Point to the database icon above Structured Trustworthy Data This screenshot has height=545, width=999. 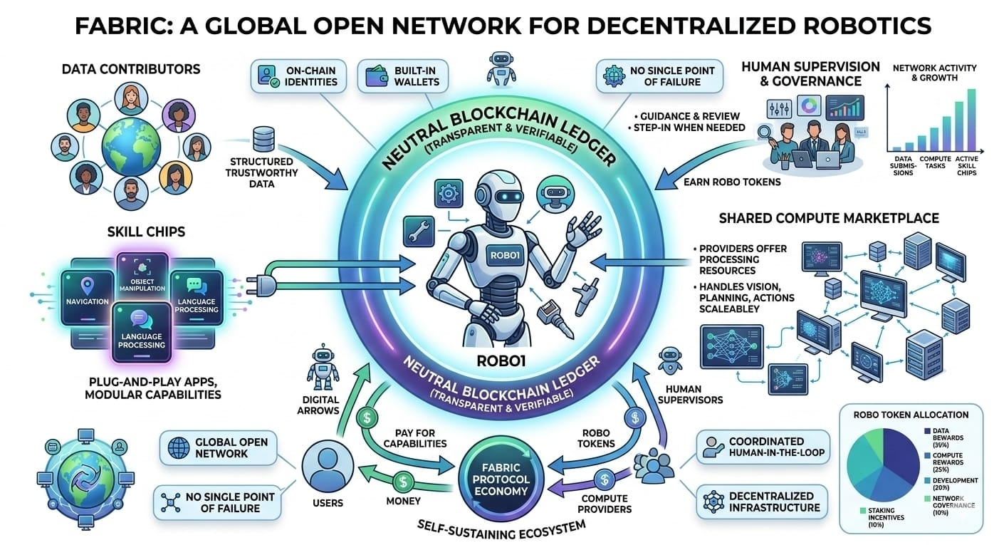[x=263, y=137]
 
